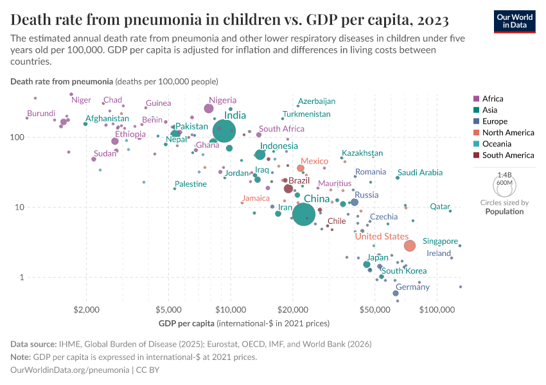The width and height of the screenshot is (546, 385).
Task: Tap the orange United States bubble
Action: pyautogui.click(x=410, y=246)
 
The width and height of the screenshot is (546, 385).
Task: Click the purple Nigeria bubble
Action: pyautogui.click(x=209, y=108)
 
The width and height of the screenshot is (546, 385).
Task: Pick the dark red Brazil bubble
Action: pyautogui.click(x=288, y=189)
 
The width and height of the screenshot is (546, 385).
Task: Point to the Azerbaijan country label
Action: pyautogui.click(x=317, y=101)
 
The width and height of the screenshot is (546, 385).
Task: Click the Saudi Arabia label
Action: pyautogui.click(x=420, y=173)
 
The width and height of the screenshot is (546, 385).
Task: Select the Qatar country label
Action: pyautogui.click(x=440, y=207)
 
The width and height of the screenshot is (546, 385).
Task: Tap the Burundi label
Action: pyautogui.click(x=41, y=113)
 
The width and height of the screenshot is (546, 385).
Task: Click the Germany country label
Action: pyautogui.click(x=412, y=287)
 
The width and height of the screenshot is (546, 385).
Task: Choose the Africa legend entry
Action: pyautogui.click(x=493, y=99)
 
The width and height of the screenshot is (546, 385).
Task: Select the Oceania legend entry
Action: pyautogui.click(x=497, y=144)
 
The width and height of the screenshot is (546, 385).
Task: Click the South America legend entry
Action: pyautogui.click(x=507, y=155)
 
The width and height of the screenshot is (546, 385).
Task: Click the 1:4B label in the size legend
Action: pyautogui.click(x=504, y=175)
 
